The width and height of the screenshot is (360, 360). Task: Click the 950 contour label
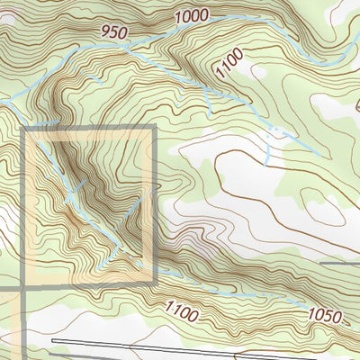(116, 31)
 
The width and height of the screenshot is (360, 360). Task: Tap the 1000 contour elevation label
(192, 15)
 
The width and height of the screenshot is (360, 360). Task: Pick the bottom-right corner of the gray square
(153, 285)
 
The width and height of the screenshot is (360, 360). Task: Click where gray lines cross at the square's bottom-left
(22, 286)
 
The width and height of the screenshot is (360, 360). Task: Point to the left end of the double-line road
(54, 342)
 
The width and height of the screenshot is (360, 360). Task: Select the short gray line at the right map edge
(340, 264)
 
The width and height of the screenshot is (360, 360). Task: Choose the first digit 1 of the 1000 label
(178, 18)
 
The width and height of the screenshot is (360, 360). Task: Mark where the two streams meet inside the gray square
(120, 245)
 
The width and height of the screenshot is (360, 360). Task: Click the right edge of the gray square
(153, 207)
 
